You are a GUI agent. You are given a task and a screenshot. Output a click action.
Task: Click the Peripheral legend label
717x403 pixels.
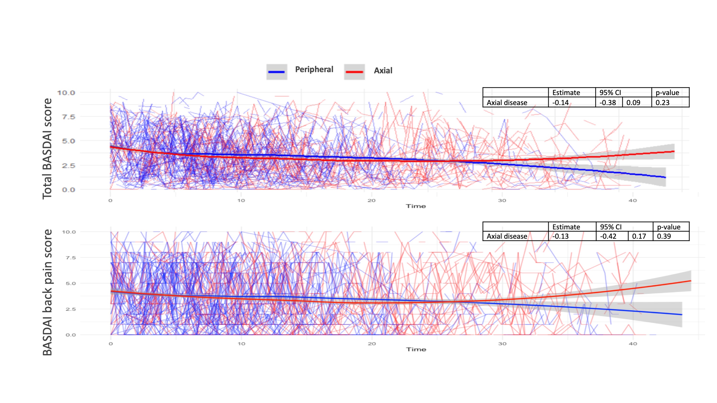coord(314,70)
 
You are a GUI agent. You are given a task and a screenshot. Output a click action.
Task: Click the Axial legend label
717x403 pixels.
coord(383,71)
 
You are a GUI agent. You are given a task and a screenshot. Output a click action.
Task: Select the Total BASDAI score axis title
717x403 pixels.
coord(47,149)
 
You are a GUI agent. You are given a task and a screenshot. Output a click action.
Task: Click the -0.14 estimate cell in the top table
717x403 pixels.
coord(561,103)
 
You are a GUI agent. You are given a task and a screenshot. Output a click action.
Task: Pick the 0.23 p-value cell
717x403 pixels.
coord(662,103)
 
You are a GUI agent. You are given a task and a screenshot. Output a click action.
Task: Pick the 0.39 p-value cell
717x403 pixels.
coord(664,236)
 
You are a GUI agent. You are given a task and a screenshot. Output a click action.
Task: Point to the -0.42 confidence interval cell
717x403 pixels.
coord(608,236)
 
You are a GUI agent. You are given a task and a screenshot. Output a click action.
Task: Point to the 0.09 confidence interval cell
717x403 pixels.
coord(633,103)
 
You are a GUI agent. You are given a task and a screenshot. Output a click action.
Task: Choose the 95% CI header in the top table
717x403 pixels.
coord(610,93)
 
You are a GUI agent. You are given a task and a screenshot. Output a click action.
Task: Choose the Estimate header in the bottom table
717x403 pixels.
coord(566,227)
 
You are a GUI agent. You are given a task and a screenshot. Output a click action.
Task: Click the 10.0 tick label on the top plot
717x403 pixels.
coord(66,93)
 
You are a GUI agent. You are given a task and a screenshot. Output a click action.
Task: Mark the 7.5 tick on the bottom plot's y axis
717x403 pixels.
coord(71,258)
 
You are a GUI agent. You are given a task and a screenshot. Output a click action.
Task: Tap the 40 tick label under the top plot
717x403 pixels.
coord(632,200)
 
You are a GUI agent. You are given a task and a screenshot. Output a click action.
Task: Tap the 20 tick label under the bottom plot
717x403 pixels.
coord(372,344)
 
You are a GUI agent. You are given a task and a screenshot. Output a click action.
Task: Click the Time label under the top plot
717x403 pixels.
coord(416,206)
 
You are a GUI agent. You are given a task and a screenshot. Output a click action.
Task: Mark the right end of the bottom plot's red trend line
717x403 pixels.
coord(690,281)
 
